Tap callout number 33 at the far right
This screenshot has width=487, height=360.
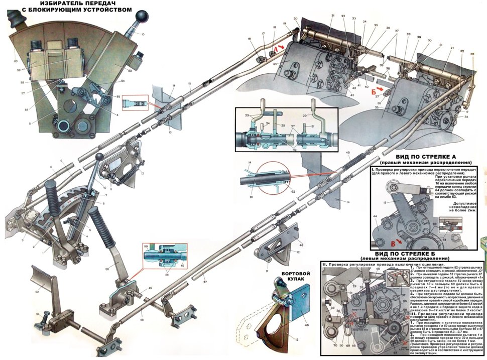point(472,54)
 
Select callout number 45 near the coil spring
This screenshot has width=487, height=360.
point(347,152)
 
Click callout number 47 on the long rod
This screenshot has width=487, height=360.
point(204,276)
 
